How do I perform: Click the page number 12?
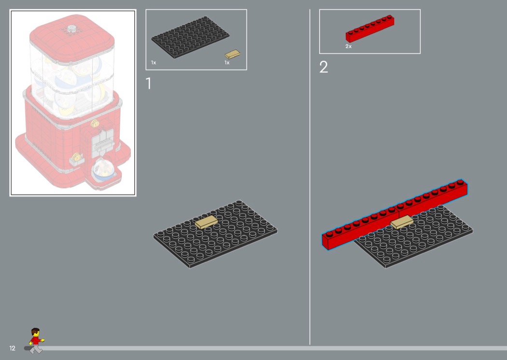[x=12, y=348]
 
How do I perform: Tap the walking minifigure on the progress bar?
[x=36, y=341]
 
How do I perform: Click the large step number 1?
[x=148, y=83]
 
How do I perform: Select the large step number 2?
[x=324, y=67]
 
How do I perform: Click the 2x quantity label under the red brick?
[x=348, y=46]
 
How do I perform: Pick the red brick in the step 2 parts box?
[x=370, y=28]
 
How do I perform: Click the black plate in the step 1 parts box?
[x=190, y=38]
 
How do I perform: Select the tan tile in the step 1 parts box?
[x=232, y=54]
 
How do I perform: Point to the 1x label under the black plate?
[x=154, y=62]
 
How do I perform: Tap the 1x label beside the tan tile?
[x=227, y=62]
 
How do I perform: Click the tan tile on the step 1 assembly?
[x=206, y=222]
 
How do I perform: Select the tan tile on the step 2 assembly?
[x=402, y=222]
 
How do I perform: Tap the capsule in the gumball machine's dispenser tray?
[x=101, y=170]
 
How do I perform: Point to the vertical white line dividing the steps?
[x=310, y=177]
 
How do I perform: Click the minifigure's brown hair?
[x=35, y=331]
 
